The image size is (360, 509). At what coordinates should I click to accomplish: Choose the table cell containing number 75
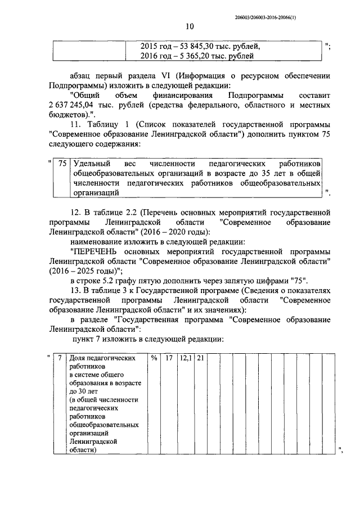(62, 163)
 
